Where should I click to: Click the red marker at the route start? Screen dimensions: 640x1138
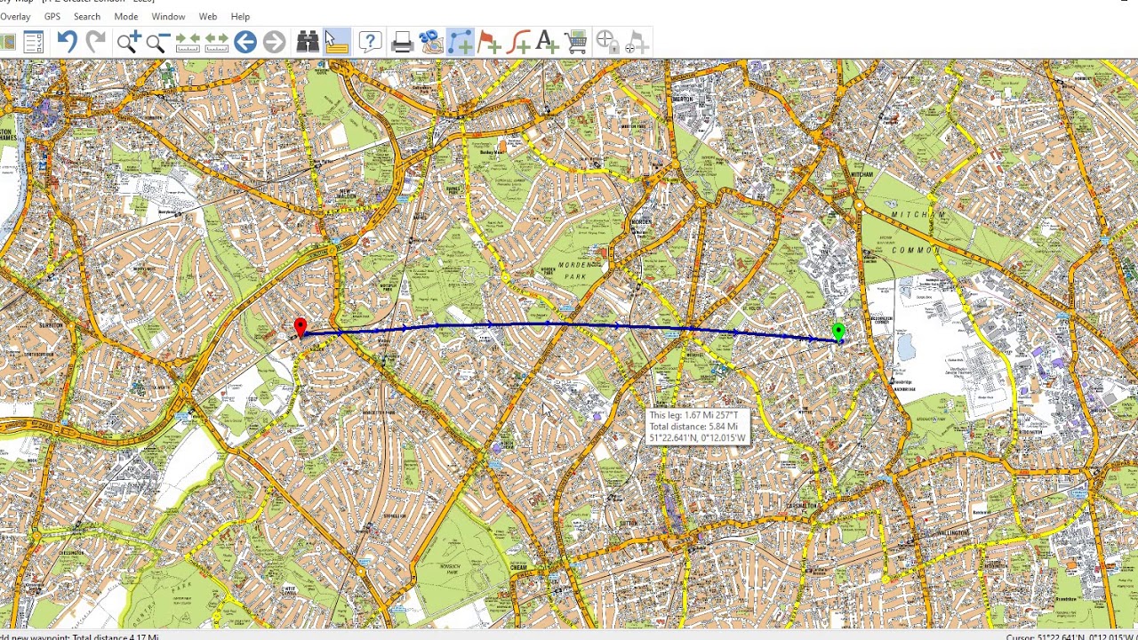pos(301,328)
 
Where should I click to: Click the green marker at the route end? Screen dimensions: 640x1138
pos(838,332)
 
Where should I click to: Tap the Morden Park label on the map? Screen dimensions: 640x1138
pos(579,270)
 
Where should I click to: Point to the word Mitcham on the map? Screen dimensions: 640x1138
pos(918,215)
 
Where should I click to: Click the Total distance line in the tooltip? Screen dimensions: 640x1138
pos(693,427)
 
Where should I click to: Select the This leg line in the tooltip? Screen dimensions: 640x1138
pos(693,415)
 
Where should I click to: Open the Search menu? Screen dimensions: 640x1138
pos(86,16)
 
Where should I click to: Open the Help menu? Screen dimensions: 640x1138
pos(240,16)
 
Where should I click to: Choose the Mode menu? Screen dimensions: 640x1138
pos(125,16)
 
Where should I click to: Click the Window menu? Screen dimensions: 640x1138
pos(168,16)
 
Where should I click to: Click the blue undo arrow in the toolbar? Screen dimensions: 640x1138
pos(67,42)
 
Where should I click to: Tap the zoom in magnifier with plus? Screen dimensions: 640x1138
pos(127,42)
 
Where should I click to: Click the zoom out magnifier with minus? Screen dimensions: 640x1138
pos(156,42)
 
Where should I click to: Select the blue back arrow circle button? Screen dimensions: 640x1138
pos(245,42)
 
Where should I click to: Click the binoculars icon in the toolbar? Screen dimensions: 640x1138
pos(308,42)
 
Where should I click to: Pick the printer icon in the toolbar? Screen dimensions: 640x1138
pos(401,42)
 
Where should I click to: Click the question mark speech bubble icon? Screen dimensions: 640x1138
pos(370,42)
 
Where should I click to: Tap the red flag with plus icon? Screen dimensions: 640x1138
pos(489,42)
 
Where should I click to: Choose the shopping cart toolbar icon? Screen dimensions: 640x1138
pos(576,42)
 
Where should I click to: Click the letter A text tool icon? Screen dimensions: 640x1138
pos(546,42)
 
